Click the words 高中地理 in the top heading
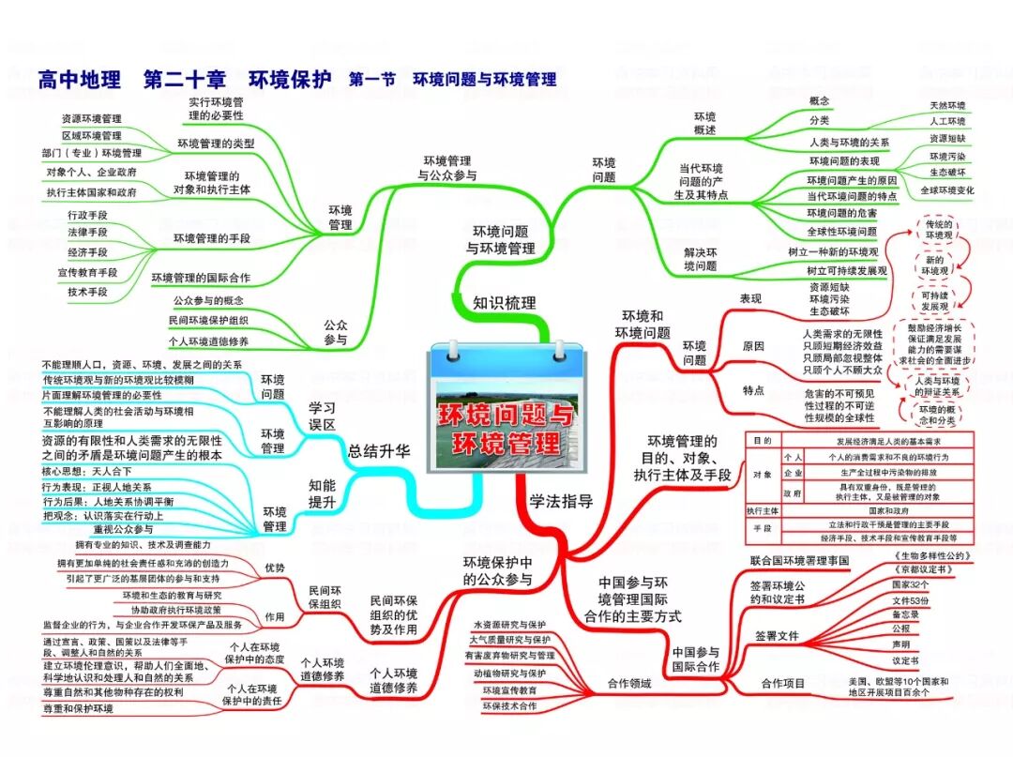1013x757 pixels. click(80, 81)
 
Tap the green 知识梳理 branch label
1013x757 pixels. click(505, 302)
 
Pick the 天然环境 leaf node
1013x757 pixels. click(946, 105)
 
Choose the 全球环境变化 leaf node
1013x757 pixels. click(946, 189)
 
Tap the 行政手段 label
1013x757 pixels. click(88, 215)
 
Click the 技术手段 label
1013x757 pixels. click(88, 292)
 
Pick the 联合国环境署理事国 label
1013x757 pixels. click(799, 560)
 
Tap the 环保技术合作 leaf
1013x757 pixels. click(509, 705)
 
